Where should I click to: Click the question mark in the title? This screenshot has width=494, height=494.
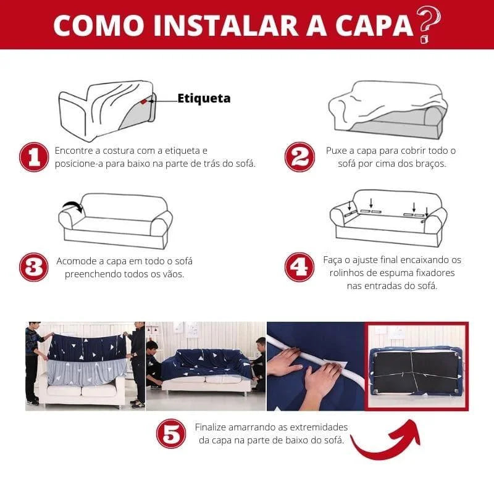coord(429,24)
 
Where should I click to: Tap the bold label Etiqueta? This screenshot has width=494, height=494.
coord(204,98)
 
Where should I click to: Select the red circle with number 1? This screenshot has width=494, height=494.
coord(33,157)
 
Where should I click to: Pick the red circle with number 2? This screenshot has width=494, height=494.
coord(299,157)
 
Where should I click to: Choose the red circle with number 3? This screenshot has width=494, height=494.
coord(33,267)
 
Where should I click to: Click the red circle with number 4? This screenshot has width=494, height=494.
coord(299,267)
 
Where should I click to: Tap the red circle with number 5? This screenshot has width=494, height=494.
coord(171,434)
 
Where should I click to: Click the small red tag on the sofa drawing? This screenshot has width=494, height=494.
coord(143,101)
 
